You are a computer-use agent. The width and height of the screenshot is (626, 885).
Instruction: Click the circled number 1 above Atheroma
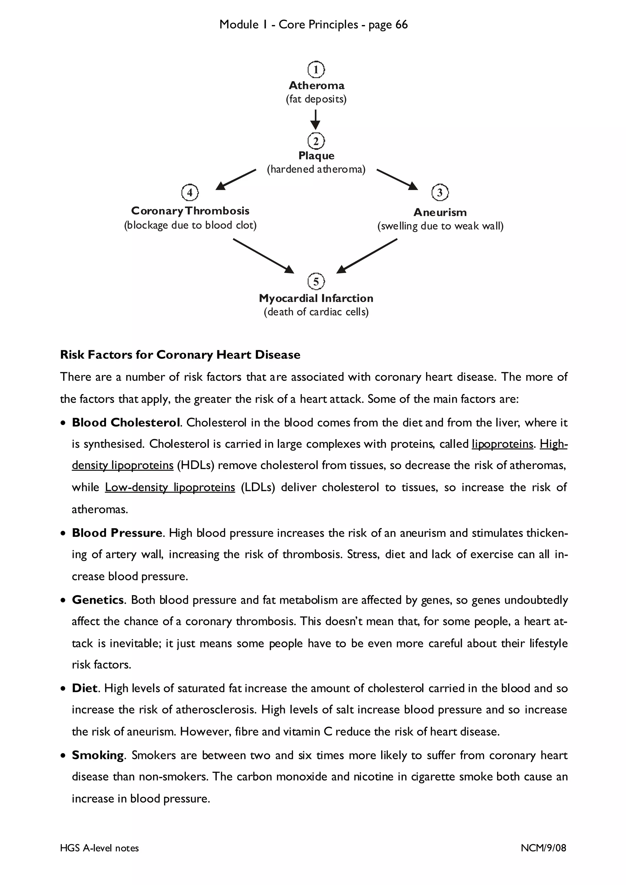[x=316, y=70]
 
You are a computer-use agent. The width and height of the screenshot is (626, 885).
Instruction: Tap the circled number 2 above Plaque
[x=316, y=141]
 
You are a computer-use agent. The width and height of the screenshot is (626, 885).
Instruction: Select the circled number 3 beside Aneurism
[x=440, y=192]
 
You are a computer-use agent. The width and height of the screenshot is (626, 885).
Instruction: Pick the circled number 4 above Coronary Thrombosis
[x=190, y=192]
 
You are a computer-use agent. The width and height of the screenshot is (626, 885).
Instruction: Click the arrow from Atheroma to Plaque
[x=315, y=119]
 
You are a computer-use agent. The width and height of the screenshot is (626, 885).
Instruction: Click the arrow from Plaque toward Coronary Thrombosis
[x=236, y=180]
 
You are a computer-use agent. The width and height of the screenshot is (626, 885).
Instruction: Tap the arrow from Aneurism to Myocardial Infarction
[x=367, y=256]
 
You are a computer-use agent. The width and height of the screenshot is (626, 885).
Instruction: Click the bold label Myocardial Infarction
[x=316, y=298]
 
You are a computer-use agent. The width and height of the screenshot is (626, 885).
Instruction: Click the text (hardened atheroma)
[x=316, y=169]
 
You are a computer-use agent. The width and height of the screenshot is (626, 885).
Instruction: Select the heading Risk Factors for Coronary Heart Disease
[x=180, y=355]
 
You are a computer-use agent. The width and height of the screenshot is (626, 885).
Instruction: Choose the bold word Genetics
[x=98, y=600]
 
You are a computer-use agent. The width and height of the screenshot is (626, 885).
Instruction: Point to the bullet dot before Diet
[x=63, y=689]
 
